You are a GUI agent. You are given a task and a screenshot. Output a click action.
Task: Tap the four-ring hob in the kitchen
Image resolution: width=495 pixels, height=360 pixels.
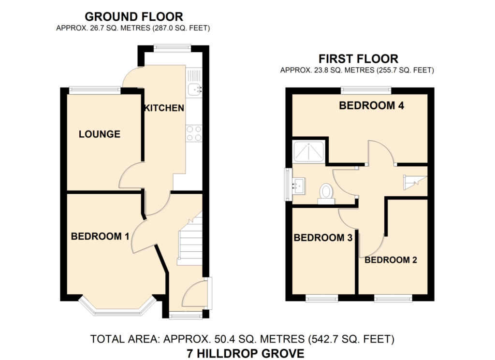pyautogui.click(x=194, y=133)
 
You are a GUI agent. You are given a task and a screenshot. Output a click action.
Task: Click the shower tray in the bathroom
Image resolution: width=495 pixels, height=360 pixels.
pyautogui.click(x=309, y=152)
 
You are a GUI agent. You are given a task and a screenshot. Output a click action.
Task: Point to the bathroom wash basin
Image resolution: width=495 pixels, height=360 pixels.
pyautogui.click(x=299, y=186)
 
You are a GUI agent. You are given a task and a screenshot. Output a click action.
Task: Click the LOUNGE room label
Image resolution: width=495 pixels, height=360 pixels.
pyautogui.click(x=100, y=134)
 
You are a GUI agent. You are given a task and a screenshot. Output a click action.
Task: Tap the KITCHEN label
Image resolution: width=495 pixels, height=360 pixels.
pyautogui.click(x=164, y=108)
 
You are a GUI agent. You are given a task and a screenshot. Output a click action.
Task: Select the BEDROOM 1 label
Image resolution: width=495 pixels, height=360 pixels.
pyautogui.click(x=100, y=236)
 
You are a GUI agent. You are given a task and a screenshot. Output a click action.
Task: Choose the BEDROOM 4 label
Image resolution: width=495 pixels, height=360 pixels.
pyautogui.click(x=372, y=105)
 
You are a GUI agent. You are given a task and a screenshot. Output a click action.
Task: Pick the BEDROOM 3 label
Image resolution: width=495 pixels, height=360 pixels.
pyautogui.click(x=323, y=238)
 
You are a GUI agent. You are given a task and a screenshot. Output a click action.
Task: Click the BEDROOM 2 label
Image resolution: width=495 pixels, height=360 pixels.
pyautogui.click(x=391, y=259)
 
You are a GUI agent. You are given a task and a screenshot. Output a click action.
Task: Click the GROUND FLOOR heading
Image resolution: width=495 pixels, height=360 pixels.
pyautogui.click(x=134, y=16)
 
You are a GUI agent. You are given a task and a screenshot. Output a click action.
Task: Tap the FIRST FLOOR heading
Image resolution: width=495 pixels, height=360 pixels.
pyautogui.click(x=358, y=59)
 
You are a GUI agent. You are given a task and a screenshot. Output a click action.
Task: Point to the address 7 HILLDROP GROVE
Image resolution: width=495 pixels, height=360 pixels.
pyautogui.click(x=246, y=353)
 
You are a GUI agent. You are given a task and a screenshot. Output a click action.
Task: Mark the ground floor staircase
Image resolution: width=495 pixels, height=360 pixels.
pyautogui.click(x=189, y=239)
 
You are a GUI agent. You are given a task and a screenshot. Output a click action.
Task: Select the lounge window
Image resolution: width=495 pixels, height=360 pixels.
pyautogui.click(x=95, y=90)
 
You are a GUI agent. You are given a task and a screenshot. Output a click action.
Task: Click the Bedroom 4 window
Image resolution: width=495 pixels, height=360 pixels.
pyautogui.click(x=366, y=90)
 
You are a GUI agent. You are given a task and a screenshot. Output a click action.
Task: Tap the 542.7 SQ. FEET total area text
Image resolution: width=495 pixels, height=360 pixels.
pyautogui.click(x=352, y=339)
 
